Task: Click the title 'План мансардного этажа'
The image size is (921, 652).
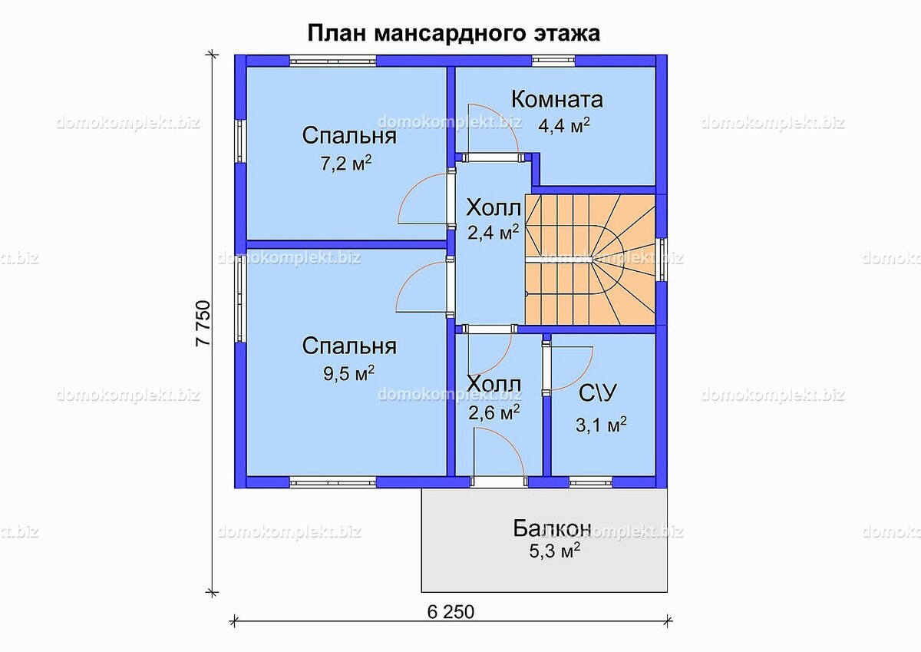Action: [454, 33]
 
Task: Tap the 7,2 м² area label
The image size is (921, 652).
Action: [346, 164]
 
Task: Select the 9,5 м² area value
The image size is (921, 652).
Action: [348, 373]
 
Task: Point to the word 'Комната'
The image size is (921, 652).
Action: [557, 100]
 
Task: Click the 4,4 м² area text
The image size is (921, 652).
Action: [564, 125]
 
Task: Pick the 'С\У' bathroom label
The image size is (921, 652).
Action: [598, 393]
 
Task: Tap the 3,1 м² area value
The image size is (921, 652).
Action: [601, 425]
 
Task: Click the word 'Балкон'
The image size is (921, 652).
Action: [552, 528]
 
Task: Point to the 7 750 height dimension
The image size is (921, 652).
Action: [203, 323]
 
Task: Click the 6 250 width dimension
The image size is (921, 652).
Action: [451, 612]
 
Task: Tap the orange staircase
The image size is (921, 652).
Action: [590, 260]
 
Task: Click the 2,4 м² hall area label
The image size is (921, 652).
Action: [493, 233]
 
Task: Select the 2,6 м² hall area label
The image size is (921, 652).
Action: [494, 412]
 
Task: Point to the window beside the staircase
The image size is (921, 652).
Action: [661, 260]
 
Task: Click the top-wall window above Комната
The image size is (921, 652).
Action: [553, 61]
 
